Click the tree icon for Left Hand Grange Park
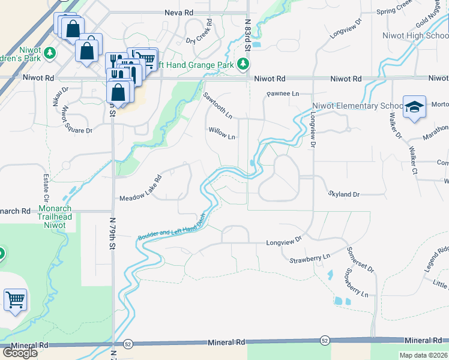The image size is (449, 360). [243, 64]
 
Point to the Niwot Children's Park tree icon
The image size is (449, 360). [50, 53]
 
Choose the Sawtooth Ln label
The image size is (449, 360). [217, 104]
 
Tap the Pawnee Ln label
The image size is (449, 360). [283, 94]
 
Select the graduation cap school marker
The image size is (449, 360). [414, 107]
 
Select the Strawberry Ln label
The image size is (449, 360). [310, 257]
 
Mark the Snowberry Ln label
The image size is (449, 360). [355, 283]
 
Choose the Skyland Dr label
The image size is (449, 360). [344, 194]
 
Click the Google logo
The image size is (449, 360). [20, 353]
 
